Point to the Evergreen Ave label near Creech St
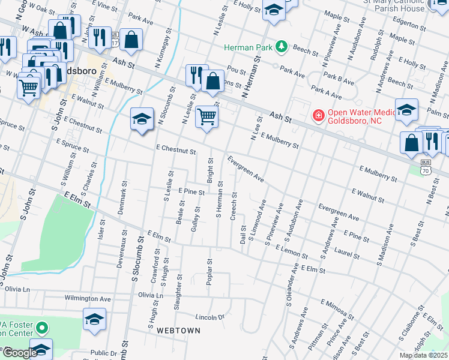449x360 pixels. point(246,169)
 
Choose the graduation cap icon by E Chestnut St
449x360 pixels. point(142,118)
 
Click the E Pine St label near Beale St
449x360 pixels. point(192,191)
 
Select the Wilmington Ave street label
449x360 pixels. point(88,298)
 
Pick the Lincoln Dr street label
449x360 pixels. point(209,317)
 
